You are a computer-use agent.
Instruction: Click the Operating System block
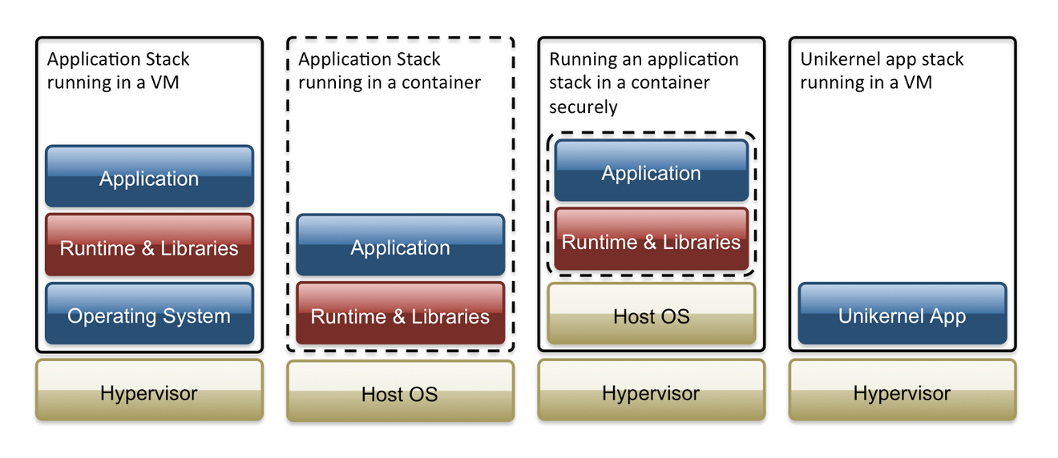149,315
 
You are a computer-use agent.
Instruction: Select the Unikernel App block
902,315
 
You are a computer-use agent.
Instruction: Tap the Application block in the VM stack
149,178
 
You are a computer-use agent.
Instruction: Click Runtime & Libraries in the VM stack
149,247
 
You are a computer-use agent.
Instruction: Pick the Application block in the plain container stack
400,247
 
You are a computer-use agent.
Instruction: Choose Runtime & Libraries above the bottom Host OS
400,316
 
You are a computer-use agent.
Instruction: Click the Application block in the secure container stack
651,173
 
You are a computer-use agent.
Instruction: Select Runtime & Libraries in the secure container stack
651,242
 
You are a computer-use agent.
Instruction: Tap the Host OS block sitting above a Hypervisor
651,315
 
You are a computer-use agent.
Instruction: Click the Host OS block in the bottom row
400,393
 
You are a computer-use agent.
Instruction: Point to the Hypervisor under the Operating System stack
149,392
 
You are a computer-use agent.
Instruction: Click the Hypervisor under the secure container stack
651,393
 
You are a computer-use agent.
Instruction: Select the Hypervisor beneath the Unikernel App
902,393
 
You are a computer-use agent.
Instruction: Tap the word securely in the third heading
584,106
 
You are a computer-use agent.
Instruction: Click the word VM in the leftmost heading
164,82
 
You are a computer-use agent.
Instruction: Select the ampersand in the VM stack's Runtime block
148,248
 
